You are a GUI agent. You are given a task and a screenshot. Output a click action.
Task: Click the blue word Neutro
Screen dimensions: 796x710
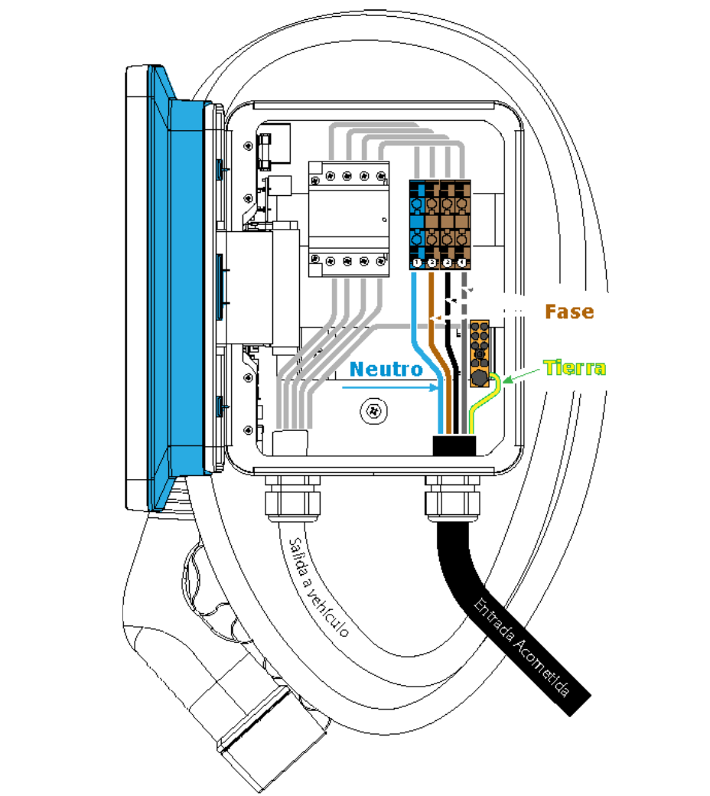pyautogui.click(x=386, y=369)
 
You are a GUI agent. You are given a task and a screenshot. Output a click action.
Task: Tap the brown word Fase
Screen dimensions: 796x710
pyautogui.click(x=568, y=312)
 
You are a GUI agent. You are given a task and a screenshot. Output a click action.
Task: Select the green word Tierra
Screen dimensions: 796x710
pyautogui.click(x=575, y=368)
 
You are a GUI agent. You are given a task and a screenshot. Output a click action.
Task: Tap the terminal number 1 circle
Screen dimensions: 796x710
pyautogui.click(x=417, y=263)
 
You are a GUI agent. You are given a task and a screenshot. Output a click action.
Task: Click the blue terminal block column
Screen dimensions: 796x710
pyautogui.click(x=417, y=222)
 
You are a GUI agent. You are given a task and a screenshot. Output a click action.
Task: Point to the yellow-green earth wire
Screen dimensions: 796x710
pyautogui.click(x=480, y=406)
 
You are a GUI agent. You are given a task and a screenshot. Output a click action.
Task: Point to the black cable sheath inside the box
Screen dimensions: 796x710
pyautogui.click(x=454, y=445)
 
